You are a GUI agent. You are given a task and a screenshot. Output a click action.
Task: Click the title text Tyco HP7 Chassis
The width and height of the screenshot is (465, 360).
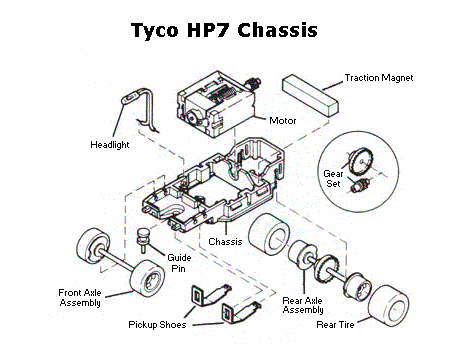click(224, 30)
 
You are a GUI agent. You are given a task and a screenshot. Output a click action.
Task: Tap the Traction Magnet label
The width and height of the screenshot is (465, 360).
click(379, 78)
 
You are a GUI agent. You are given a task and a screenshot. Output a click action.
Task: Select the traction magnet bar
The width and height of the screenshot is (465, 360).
click(310, 95)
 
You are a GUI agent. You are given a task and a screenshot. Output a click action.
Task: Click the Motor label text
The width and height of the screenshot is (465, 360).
click(283, 121)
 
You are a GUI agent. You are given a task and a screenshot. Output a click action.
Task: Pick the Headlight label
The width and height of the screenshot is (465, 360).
click(110, 145)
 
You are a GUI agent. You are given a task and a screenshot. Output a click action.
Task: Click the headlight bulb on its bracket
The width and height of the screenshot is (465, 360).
click(130, 99)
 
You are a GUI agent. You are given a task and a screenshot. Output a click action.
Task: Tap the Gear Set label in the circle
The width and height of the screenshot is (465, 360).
click(333, 179)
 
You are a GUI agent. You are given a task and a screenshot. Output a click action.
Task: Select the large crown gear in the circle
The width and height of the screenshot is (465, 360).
click(361, 161)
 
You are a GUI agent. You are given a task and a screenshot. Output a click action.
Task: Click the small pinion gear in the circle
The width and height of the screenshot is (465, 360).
click(359, 185)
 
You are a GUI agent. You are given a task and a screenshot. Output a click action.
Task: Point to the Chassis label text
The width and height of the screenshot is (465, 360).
click(225, 242)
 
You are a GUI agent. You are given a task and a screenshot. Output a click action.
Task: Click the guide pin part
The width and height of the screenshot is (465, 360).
click(143, 239)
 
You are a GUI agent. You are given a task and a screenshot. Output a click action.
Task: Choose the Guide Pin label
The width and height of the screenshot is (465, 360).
click(179, 263)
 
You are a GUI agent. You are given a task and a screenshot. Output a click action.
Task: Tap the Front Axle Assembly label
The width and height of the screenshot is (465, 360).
click(80, 298)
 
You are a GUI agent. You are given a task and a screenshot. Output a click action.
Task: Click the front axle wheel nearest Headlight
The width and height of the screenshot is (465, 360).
click(93, 246)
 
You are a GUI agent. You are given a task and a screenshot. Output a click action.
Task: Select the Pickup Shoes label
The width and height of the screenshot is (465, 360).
click(157, 325)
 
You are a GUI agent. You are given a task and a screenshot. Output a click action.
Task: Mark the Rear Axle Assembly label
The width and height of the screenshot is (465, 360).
click(303, 305)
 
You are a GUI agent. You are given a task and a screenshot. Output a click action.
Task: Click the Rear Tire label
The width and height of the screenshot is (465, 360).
click(335, 325)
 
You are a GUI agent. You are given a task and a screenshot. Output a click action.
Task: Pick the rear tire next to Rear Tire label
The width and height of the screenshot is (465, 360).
click(388, 306)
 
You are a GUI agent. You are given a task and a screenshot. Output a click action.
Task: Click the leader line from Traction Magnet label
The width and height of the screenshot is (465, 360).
click(333, 86)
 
